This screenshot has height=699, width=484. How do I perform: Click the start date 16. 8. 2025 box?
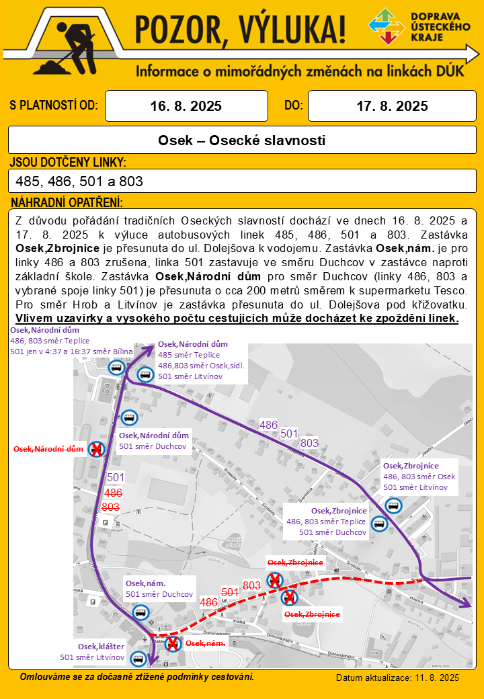186,106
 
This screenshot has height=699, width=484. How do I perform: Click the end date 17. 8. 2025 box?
392,106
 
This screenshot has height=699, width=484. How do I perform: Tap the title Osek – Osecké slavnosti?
242,140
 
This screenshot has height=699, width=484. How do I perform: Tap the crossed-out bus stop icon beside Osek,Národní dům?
97,449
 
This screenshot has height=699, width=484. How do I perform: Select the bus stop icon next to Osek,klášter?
138,658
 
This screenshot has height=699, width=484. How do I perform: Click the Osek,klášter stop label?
101,647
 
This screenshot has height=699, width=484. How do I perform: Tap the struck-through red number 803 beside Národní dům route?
111,507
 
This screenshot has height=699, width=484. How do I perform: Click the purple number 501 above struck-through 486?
116,477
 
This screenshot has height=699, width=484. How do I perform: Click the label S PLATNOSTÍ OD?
54,106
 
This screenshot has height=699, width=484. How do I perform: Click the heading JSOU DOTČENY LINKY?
68,163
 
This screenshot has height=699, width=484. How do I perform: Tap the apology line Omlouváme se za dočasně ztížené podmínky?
137,676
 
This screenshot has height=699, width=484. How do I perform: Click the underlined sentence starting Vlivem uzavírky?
237,318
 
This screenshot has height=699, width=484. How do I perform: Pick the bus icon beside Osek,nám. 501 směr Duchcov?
140,612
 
